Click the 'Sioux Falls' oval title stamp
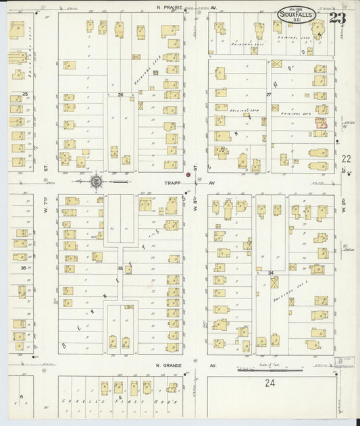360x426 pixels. tap(298, 15)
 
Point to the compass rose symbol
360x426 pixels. tap(97, 181)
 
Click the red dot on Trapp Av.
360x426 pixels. tap(188, 175)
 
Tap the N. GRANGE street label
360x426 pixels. tap(171, 366)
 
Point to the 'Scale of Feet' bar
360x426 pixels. tap(269, 369)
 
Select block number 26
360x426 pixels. tap(121, 95)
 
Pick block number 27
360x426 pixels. tap(269, 95)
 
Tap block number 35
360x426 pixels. tap(120, 269)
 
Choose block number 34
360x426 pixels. tap(270, 273)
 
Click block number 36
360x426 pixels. tap(23, 268)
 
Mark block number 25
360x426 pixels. tap(25, 94)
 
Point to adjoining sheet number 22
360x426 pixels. tap(346, 159)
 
